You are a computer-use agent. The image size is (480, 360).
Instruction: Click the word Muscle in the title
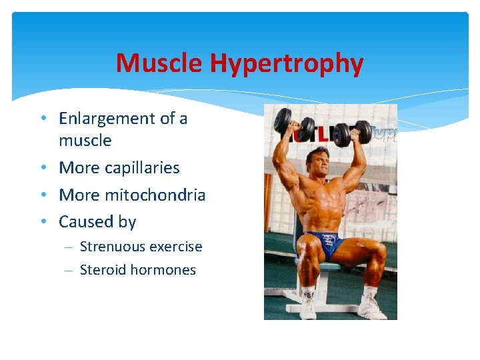(x=159, y=64)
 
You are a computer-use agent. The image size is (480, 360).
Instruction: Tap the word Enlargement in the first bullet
(x=107, y=119)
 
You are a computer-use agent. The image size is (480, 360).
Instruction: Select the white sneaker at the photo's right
(x=370, y=306)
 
